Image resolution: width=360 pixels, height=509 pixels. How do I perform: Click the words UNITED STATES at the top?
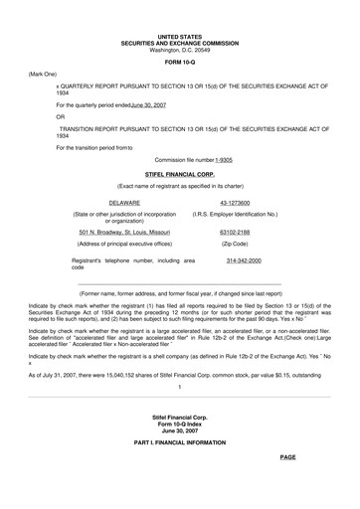point(179,36)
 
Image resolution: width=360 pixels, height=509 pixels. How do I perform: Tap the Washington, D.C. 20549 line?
point(179,49)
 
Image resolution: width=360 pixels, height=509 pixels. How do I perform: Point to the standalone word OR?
point(61,116)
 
